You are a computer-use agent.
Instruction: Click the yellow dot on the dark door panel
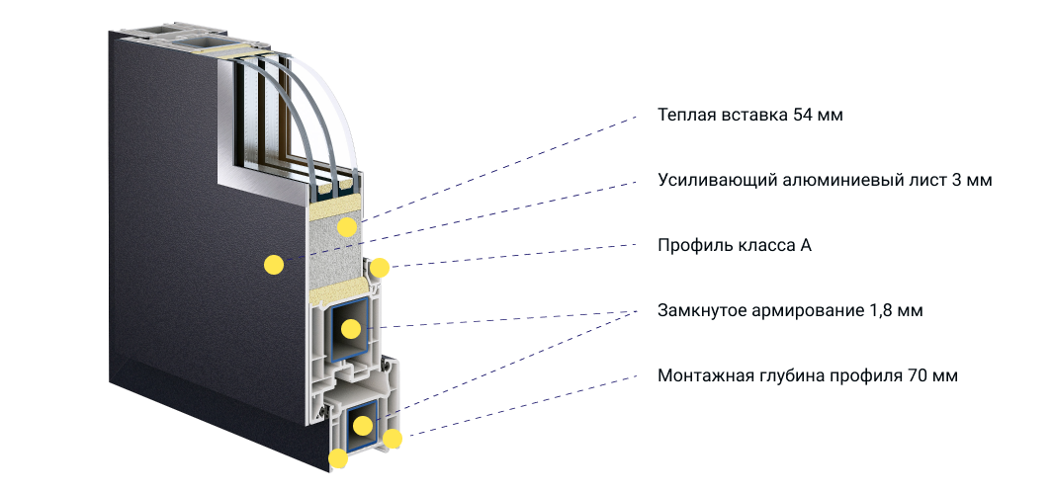click(273, 265)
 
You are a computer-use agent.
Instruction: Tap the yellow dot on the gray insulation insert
click(346, 227)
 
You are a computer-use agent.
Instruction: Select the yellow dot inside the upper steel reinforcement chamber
click(351, 329)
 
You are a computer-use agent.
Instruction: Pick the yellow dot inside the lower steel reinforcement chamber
click(363, 425)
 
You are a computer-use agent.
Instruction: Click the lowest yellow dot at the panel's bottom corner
click(338, 458)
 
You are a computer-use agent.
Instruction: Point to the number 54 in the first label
click(803, 115)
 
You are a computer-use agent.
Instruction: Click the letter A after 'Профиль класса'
click(806, 246)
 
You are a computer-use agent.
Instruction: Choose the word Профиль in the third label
click(692, 246)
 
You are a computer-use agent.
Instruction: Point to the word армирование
click(803, 311)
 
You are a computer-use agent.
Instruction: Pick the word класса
click(763, 246)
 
